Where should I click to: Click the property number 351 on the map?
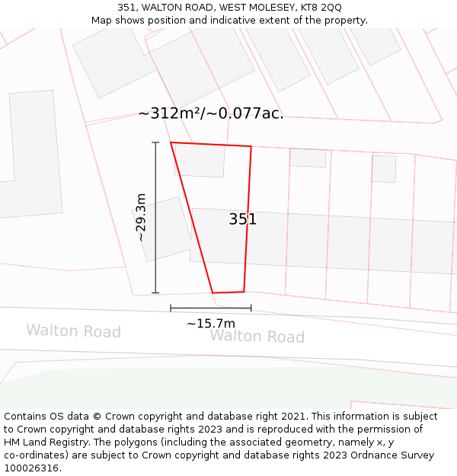point(243,219)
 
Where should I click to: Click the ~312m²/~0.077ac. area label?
point(211,113)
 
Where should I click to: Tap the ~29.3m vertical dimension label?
point(141,217)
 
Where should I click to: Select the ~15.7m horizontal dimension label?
point(211,324)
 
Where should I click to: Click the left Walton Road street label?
point(74,331)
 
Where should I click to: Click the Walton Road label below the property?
point(257,337)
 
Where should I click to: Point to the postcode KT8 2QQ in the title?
point(321,8)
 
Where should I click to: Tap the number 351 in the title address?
point(126,8)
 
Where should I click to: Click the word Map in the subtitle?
point(103,21)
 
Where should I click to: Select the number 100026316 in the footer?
point(31,468)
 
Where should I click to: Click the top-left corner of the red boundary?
point(171,142)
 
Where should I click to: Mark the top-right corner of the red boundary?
point(251,146)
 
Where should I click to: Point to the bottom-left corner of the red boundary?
point(213,292)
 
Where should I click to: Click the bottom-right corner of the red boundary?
point(244,291)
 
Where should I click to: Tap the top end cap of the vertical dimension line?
point(155,142)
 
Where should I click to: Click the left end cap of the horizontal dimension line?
point(171,308)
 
